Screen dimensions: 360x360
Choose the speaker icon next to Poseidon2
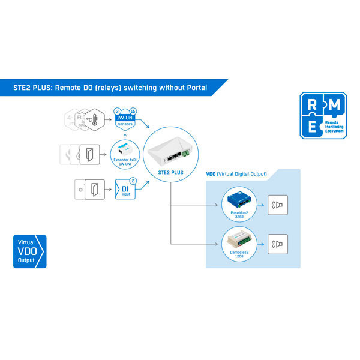(x=278, y=205)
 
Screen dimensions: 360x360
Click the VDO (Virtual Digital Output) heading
(x=236, y=175)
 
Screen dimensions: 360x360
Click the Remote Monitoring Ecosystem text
(x=334, y=128)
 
